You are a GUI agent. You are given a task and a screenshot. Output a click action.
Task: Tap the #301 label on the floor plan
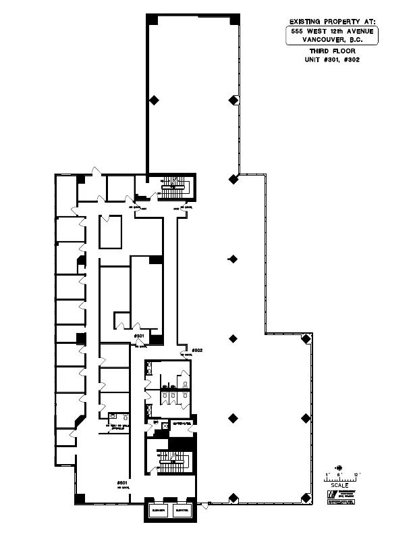[140, 336]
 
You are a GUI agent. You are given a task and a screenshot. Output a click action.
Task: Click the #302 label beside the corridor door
[197, 350]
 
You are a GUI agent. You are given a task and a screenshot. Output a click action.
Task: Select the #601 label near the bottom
[122, 483]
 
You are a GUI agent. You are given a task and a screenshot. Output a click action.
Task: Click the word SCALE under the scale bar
[339, 485]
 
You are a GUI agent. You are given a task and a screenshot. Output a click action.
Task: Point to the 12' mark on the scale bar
[355, 474]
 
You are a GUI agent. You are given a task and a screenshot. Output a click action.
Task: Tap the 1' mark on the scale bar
[327, 474]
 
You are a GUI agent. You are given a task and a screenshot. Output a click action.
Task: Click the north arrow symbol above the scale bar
[339, 467]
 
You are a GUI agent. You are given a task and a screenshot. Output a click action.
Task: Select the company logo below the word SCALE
[331, 494]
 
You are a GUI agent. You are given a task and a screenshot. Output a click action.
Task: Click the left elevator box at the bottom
[159, 510]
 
